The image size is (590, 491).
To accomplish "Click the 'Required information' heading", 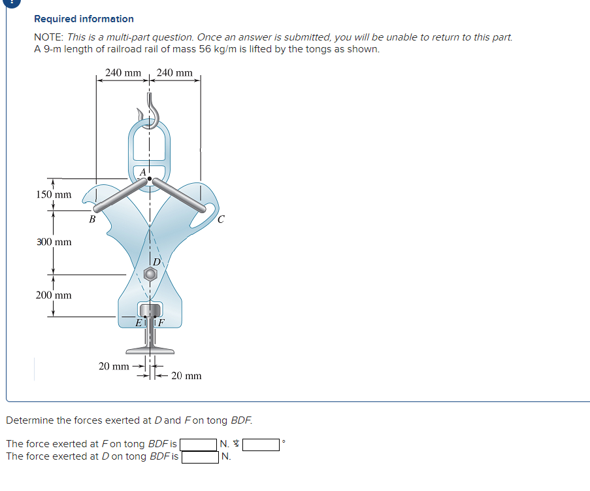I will [84, 19].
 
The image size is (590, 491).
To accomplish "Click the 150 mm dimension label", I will [54, 194].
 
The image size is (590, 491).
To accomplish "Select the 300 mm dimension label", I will [54, 242].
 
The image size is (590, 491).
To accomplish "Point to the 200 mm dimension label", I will [54, 295].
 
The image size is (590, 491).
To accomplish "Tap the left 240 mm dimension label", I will [122, 73].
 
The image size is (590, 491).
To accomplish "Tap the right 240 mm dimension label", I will [174, 73].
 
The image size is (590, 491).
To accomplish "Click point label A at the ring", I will [142, 172].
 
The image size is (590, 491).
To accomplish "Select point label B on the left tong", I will [93, 220].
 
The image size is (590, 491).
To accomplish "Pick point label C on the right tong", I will [220, 220].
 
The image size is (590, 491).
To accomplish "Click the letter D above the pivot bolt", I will [156, 262].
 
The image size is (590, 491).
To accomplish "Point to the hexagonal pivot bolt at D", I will [150, 275].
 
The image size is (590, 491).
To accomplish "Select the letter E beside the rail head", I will [139, 322].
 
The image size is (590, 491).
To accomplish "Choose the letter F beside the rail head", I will [161, 322].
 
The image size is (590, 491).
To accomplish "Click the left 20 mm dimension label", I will [114, 366].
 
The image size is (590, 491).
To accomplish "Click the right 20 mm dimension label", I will [186, 375].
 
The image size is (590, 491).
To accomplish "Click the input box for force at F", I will [199, 445].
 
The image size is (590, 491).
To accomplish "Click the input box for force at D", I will [200, 457].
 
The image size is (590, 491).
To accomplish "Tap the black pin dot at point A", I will [150, 178].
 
